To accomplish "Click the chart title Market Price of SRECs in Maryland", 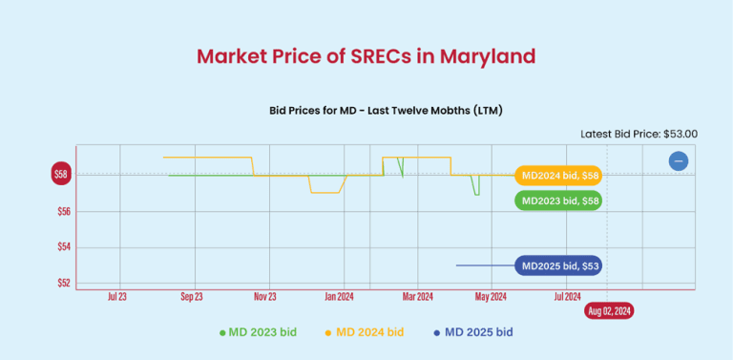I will tap(366, 55).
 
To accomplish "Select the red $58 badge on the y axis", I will tap(61, 174).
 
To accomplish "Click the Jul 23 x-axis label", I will tap(117, 296).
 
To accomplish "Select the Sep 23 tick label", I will tap(192, 296).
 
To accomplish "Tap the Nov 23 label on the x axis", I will tap(265, 296).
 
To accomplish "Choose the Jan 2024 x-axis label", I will tap(341, 296).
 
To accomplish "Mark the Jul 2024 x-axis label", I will tap(566, 296).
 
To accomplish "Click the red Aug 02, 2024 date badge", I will tap(608, 311).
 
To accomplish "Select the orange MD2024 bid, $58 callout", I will tap(558, 176).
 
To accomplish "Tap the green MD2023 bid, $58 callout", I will tap(558, 201).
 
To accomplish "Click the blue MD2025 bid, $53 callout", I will tap(558, 265).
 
